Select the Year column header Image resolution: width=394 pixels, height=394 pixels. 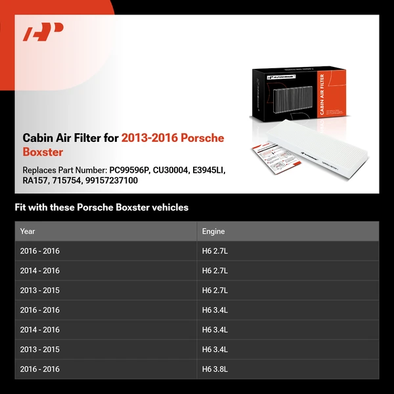(28, 231)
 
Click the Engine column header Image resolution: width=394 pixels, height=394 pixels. (213, 231)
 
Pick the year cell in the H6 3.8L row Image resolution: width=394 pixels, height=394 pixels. (39, 369)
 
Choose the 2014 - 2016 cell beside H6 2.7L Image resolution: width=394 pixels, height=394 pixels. (39, 271)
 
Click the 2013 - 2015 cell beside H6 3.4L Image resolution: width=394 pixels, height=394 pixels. (39, 349)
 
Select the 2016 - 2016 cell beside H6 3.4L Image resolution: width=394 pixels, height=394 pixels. (39, 310)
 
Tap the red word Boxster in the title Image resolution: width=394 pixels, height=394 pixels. (43, 152)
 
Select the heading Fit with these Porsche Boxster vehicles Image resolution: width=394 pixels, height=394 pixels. (102, 208)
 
